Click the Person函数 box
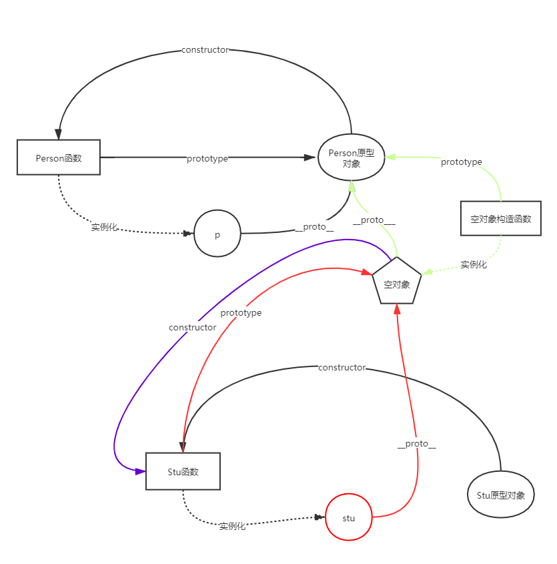[x=58, y=158]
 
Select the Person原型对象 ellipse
[x=352, y=158]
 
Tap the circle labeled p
[x=217, y=234]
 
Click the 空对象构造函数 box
[x=500, y=218]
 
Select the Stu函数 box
[x=183, y=471]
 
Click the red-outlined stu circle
[x=349, y=517]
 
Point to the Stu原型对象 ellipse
[x=501, y=495]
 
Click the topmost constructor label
[x=205, y=49]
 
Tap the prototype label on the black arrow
[x=207, y=158]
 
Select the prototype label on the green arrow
[x=461, y=162]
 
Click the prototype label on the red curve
[x=241, y=312]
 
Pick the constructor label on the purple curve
[x=192, y=327]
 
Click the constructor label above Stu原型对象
[x=342, y=367]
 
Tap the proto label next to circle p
[x=314, y=226]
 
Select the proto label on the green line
[x=372, y=219]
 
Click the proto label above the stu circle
[x=416, y=443]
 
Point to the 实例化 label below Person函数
[x=104, y=227]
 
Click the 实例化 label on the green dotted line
[x=473, y=264]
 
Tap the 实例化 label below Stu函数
[x=233, y=525]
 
